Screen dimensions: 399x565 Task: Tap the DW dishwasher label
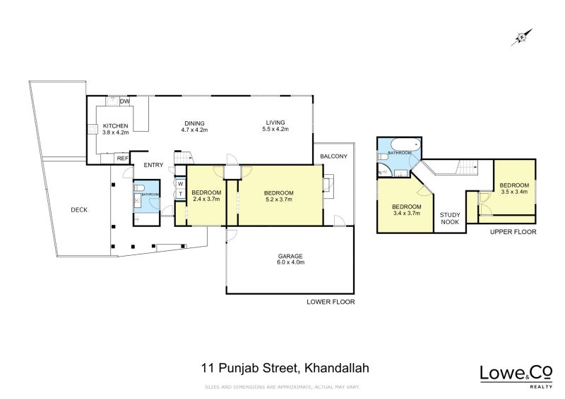point(124,102)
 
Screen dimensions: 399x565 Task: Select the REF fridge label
point(123,159)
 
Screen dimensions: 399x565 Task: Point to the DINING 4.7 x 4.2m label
point(194,125)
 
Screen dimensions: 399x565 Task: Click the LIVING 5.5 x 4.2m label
point(275,125)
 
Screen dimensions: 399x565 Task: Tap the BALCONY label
point(334,156)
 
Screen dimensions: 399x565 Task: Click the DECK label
point(78,209)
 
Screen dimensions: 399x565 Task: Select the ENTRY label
point(153,166)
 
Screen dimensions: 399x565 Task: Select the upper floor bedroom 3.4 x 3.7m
point(406,209)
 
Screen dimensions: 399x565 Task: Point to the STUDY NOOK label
point(450,218)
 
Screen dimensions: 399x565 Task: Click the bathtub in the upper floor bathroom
point(399,145)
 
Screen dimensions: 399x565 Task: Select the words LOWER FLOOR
point(331,302)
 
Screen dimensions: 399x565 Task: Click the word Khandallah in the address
point(336,367)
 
